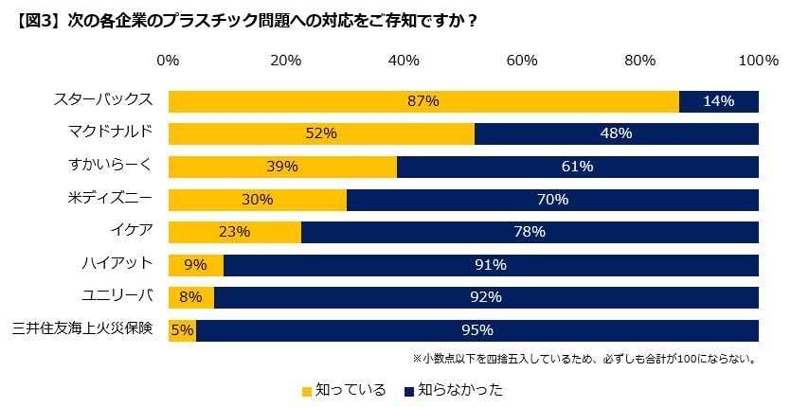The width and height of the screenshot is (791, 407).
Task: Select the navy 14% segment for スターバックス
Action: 719,101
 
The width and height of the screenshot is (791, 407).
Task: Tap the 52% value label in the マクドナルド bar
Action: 321,133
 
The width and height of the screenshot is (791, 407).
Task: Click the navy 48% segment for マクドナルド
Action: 616,133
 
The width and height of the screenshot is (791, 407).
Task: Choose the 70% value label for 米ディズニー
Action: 552,200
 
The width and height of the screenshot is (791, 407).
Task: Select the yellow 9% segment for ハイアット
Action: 196,265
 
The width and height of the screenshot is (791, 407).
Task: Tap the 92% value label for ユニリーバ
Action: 486,297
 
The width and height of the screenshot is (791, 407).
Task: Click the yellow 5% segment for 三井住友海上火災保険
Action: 182,330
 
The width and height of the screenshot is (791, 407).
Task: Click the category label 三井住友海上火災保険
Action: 82,329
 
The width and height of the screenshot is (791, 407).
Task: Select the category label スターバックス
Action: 103,100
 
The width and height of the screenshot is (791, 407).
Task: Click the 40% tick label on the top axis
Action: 404,61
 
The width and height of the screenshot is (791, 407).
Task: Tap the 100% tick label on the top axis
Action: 758,61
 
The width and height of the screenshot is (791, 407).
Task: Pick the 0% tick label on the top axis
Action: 169,61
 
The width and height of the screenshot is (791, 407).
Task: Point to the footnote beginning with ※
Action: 583,359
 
